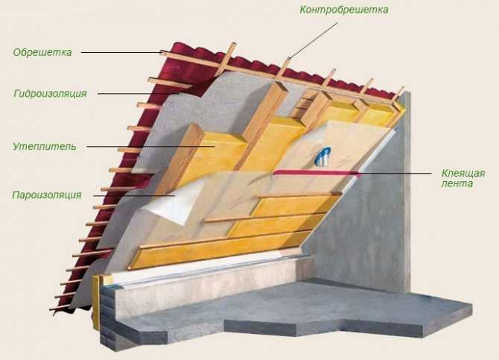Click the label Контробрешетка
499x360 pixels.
343,10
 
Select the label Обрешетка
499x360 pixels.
42,52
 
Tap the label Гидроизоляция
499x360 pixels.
51,94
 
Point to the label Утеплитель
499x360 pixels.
45,147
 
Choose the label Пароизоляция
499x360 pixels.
47,195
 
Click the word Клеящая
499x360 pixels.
463,174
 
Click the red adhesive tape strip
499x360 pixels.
317,172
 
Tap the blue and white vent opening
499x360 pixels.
322,157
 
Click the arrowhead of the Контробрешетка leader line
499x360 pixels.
289,57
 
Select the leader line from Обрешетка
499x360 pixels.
123,52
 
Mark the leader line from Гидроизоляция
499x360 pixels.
139,94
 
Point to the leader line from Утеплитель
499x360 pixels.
150,147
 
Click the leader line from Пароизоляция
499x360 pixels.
134,195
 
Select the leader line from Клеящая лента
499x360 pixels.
395,174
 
